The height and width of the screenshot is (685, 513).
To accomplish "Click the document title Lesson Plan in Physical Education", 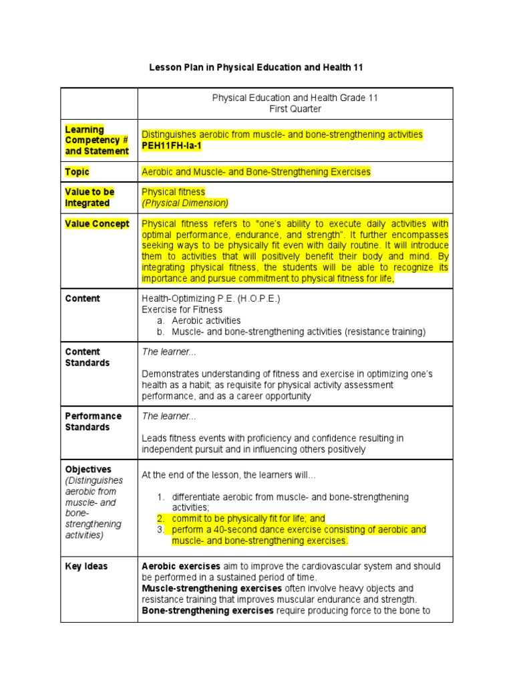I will (256, 68).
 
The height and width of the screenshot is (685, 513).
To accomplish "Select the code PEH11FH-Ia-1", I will (170, 145).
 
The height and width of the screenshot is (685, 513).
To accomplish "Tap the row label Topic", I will (77, 172).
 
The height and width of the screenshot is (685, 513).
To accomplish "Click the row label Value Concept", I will (97, 224).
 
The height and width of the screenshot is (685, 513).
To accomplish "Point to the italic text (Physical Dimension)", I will (185, 203).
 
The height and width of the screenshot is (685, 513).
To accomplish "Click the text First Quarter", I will (295, 108).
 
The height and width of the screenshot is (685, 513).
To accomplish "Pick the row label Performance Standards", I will (93, 421).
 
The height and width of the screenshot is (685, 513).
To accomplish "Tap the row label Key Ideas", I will (86, 567).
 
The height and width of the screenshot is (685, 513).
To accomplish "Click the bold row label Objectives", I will (88, 470).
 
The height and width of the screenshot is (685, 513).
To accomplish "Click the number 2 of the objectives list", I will (160, 518).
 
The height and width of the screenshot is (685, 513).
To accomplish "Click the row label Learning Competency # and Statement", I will (97, 140).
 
